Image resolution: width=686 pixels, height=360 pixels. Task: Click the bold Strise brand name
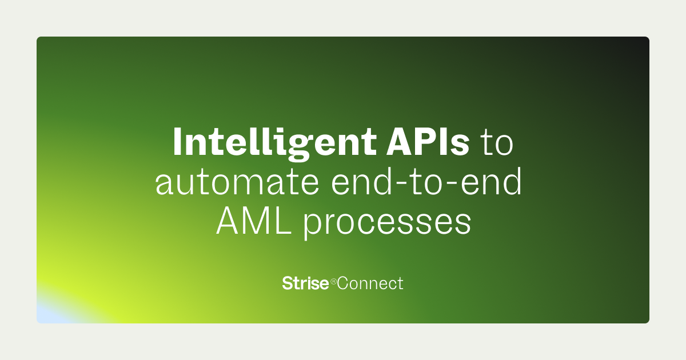pyautogui.click(x=305, y=283)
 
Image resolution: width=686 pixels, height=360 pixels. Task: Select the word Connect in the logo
pyautogui.click(x=370, y=283)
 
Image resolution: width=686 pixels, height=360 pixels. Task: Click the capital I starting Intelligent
pyautogui.click(x=177, y=142)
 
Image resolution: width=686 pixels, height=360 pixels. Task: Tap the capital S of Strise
pyautogui.click(x=287, y=283)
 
